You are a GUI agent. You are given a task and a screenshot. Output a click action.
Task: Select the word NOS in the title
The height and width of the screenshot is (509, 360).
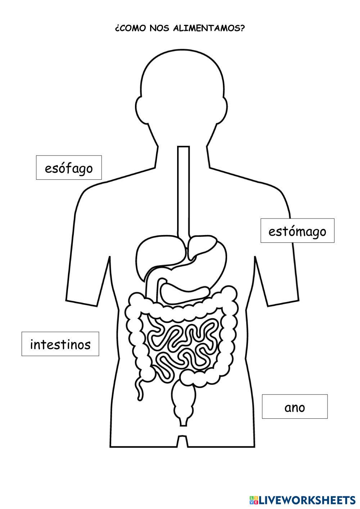[160, 29]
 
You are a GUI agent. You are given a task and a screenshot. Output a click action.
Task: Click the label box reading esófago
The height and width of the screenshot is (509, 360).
[69, 168]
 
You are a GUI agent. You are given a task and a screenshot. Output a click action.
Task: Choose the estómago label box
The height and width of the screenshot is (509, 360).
[297, 231]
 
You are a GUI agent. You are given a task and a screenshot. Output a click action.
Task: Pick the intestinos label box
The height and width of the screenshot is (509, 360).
[60, 344]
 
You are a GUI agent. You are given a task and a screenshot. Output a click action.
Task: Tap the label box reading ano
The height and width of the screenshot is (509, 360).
[294, 407]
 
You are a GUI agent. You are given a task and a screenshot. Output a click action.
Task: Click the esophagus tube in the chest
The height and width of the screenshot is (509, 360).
[184, 191]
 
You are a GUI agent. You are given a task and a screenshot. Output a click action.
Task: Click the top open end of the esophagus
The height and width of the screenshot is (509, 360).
[184, 148]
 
